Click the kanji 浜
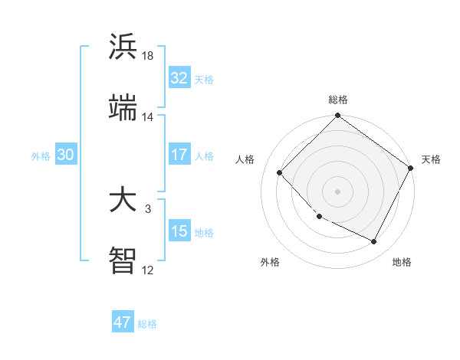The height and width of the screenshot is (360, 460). (x=123, y=47)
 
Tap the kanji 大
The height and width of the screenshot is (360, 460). (x=123, y=200)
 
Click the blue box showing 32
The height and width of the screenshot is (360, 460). (x=179, y=78)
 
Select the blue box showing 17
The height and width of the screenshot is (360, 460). (x=179, y=155)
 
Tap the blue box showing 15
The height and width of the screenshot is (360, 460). (x=179, y=231)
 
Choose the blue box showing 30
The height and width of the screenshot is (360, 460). (x=66, y=155)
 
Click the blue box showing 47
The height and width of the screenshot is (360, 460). (x=123, y=322)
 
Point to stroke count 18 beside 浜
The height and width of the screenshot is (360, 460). (x=148, y=55)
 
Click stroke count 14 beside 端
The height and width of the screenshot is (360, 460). (x=148, y=117)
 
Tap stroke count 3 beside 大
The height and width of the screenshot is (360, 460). (x=148, y=208)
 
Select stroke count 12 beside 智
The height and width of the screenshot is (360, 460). (x=148, y=270)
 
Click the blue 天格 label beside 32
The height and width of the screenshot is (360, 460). (x=204, y=80)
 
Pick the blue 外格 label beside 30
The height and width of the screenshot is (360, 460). (x=41, y=156)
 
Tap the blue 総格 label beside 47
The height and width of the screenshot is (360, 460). (x=147, y=324)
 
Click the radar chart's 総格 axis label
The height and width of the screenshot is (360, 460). (x=338, y=100)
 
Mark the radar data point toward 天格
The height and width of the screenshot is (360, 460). (x=411, y=169)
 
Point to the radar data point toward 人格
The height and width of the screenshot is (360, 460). (x=280, y=172)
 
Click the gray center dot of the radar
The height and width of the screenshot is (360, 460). (x=337, y=191)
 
